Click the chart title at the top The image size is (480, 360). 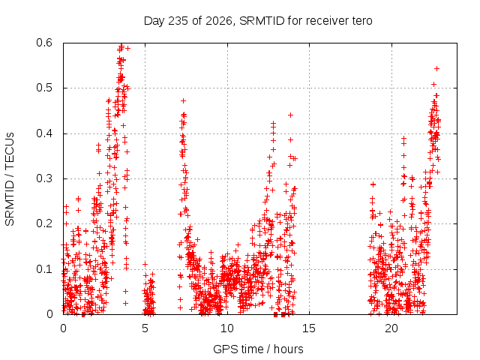point(258,21)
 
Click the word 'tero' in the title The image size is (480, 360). point(362,21)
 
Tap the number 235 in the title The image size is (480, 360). point(178,21)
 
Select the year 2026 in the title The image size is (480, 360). point(218,21)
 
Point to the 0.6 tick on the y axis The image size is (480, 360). point(44,43)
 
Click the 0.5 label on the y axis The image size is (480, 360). point(44,88)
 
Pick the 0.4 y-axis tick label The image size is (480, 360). point(44,133)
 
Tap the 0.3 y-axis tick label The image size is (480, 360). point(44,178)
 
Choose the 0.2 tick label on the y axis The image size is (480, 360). point(44,223)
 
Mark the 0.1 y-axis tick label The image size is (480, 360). point(44,269)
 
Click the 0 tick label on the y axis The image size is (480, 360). point(49,314)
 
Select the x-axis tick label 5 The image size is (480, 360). point(145,328)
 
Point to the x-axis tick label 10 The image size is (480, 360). point(227,328)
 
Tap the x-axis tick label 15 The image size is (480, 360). point(309,328)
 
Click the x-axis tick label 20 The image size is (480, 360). point(391,328)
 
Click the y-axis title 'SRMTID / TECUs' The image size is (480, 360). point(10,179)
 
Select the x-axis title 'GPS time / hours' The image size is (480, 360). point(258,349)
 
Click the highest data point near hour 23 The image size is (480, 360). point(437,68)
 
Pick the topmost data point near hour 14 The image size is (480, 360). point(291,115)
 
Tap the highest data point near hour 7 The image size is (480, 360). point(183,100)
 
